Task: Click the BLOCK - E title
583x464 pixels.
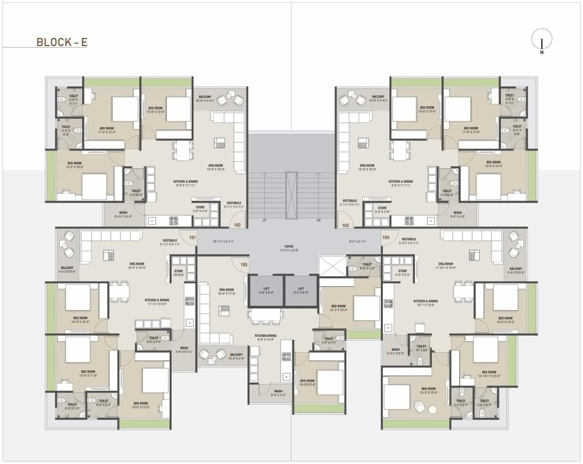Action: coord(62,42)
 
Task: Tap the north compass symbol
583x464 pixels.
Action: coord(542,40)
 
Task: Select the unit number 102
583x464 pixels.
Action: coord(238,225)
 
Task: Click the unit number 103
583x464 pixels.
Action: coord(345,225)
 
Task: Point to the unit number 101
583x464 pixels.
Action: coord(192,237)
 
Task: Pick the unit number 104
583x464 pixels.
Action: coord(386,237)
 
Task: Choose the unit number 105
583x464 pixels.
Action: coord(244,264)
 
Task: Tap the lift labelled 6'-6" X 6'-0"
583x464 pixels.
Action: coord(266,291)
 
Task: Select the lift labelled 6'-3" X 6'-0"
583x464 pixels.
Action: coord(301,291)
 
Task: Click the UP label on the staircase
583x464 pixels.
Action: coord(264,220)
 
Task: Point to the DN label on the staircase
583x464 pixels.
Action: coord(318,220)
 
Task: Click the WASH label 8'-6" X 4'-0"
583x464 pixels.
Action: coord(278,393)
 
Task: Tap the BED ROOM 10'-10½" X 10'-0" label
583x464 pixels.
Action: coord(488,374)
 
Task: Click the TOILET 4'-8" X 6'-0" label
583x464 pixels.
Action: coord(484,403)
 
